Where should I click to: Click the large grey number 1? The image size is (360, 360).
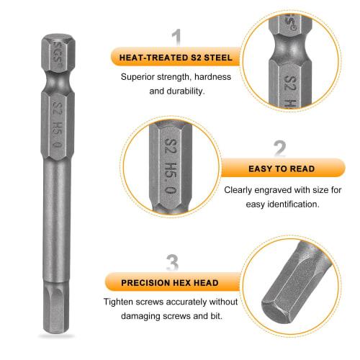(176, 38)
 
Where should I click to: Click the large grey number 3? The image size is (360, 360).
(172, 262)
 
